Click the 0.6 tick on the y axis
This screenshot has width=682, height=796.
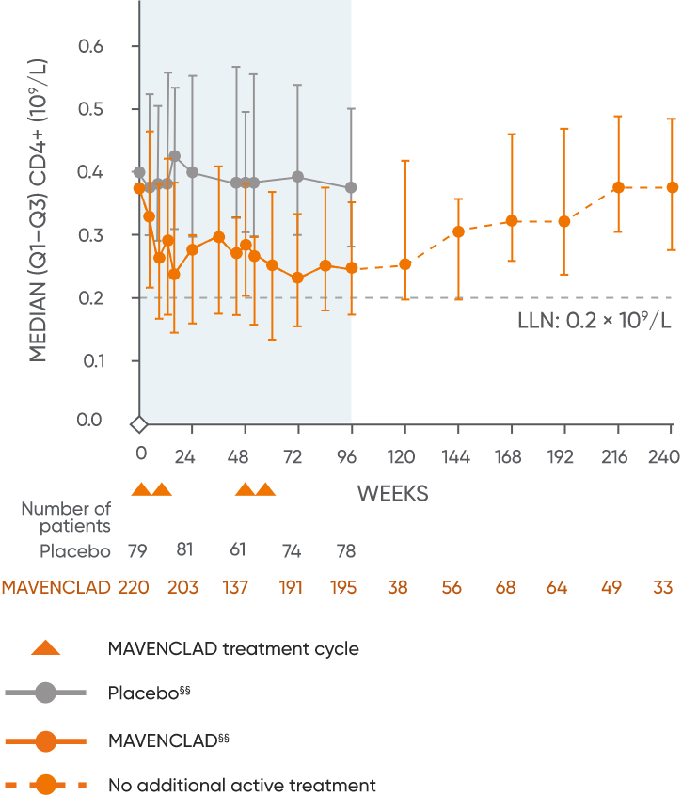click(89, 46)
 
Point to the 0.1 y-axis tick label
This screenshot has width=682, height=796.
click(89, 360)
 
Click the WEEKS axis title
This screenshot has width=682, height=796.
click(392, 493)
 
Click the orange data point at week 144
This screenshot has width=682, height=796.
click(458, 231)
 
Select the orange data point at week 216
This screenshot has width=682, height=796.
click(618, 187)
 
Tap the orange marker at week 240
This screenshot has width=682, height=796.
click(672, 187)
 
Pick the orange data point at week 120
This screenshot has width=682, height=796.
click(404, 263)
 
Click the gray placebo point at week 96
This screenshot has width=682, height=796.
click(352, 188)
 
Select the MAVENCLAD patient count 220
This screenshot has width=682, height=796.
click(135, 587)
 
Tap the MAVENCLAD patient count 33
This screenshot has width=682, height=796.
click(663, 587)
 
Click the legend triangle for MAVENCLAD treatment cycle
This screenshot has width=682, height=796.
click(46, 647)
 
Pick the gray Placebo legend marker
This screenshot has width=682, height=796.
click(46, 693)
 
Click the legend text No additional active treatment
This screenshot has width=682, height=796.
click(242, 785)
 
